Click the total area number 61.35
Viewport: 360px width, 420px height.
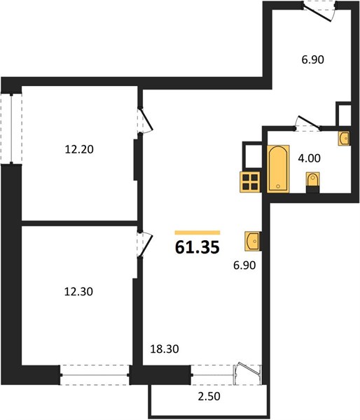pos(198,247)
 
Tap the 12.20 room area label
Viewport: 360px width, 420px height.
pos(79,149)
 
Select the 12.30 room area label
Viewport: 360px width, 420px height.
pos(78,291)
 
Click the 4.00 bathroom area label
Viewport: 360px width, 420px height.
pos(309,158)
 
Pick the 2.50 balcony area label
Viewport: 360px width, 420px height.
pos(209,396)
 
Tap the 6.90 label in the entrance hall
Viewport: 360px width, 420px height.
pos(313,59)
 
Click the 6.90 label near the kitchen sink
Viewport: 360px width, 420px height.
pos(244,265)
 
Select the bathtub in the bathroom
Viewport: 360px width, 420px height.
pos(278,169)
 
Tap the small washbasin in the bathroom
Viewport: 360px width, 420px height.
pos(344,139)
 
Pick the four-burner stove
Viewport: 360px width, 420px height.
pos(250,182)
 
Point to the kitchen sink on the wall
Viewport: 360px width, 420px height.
pos(253,241)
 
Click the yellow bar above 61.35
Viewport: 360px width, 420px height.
pos(198,232)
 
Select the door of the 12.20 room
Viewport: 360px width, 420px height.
pos(146,120)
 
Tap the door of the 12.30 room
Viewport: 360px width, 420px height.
pos(145,244)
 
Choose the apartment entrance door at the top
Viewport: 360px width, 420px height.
pos(319,10)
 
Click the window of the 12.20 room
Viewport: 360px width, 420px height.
pos(11,129)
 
